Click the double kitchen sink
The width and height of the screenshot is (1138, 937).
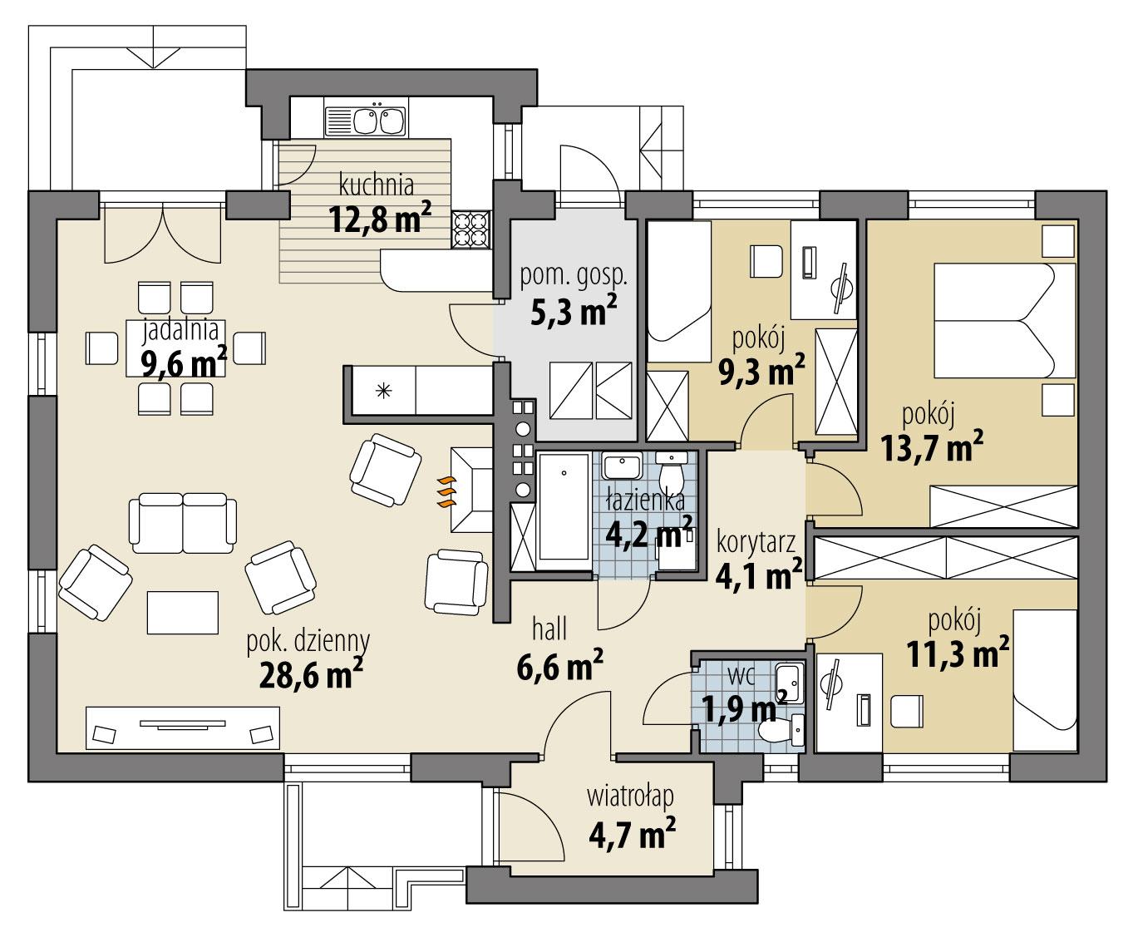point(366,121)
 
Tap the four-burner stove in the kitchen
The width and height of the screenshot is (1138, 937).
point(470,229)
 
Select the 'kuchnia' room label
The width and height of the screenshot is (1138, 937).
point(376,183)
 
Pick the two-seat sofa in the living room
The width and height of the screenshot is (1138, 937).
point(182,520)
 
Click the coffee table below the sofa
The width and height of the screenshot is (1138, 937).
point(183,612)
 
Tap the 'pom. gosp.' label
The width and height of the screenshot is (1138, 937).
point(573,276)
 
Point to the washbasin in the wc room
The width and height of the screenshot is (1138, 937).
point(786,684)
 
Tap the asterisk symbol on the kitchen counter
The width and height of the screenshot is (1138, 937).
point(383,389)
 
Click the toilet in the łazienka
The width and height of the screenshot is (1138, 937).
point(670,474)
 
